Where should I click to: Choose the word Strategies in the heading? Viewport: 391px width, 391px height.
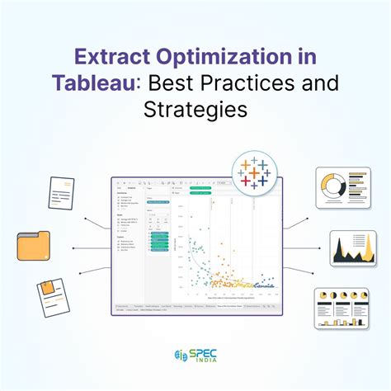195,109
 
